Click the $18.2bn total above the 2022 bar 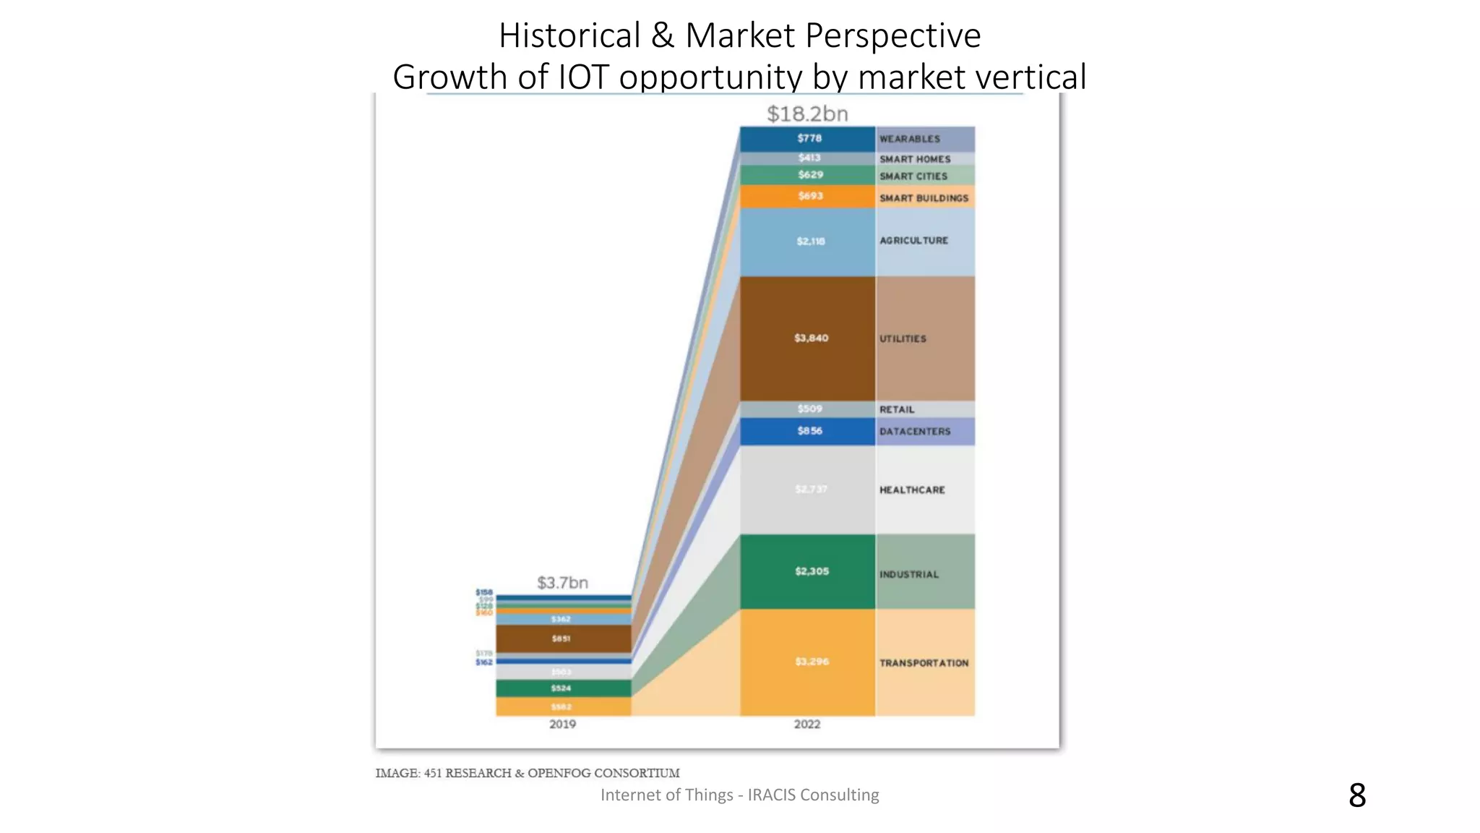pyautogui.click(x=807, y=114)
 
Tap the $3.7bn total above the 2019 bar pyautogui.click(x=562, y=582)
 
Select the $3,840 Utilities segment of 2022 pyautogui.click(x=811, y=338)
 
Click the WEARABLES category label pyautogui.click(x=910, y=139)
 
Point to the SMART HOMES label pyautogui.click(x=915, y=159)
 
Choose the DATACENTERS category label pyautogui.click(x=915, y=432)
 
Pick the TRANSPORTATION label pyautogui.click(x=924, y=663)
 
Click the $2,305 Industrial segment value pyautogui.click(x=812, y=571)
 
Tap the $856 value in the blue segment pyautogui.click(x=809, y=431)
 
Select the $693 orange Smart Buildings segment pyautogui.click(x=810, y=196)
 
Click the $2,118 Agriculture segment pyautogui.click(x=810, y=242)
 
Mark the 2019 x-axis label pyautogui.click(x=562, y=724)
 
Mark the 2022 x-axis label pyautogui.click(x=807, y=724)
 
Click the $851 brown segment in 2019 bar pyautogui.click(x=562, y=638)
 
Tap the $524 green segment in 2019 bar pyautogui.click(x=562, y=688)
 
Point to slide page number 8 pyautogui.click(x=1357, y=795)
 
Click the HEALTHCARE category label pyautogui.click(x=912, y=490)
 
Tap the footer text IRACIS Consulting pyautogui.click(x=813, y=795)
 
